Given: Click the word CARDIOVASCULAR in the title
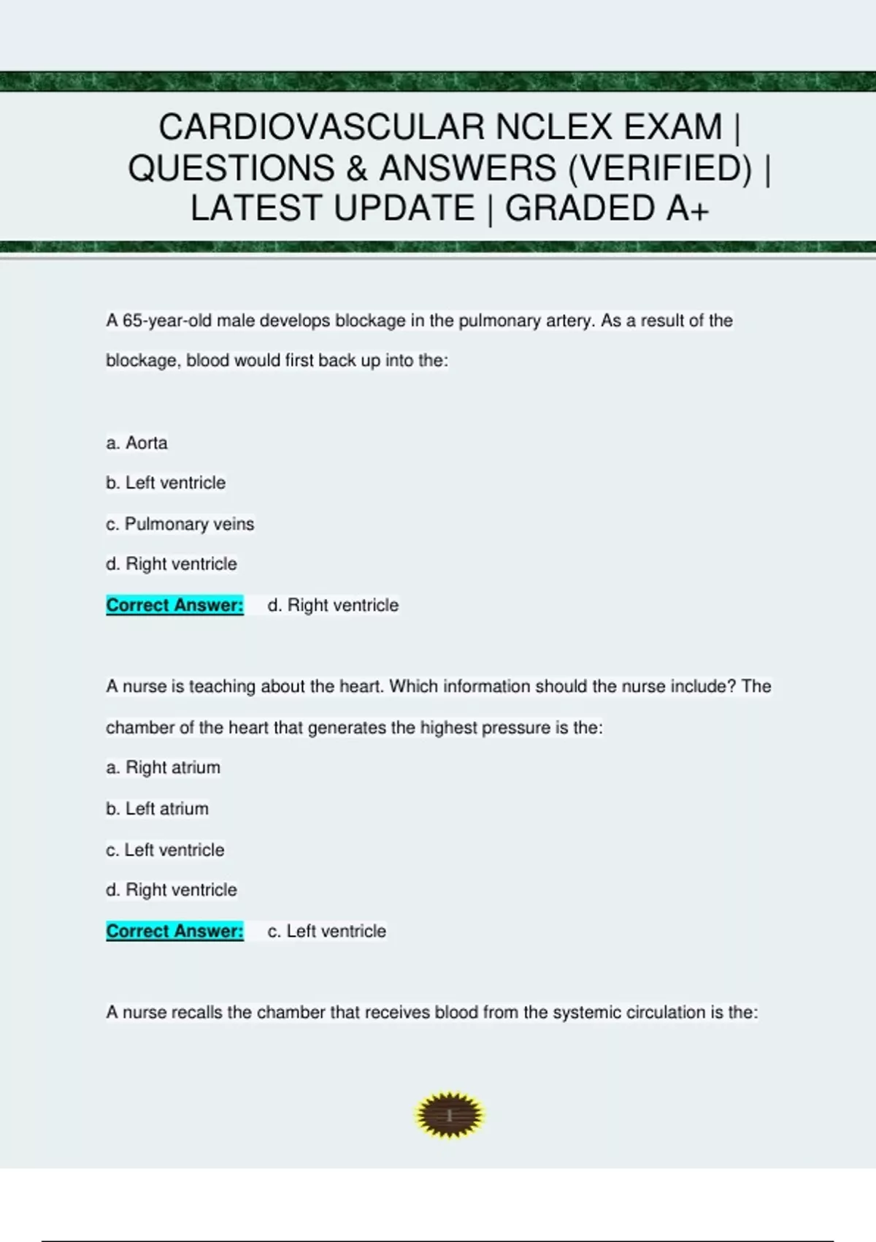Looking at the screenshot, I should (322, 127).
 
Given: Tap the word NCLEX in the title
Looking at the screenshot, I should (554, 127).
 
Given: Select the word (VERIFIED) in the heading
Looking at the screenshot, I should (659, 168).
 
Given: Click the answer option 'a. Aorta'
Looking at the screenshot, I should (137, 443).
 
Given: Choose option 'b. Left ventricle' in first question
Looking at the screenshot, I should (166, 483).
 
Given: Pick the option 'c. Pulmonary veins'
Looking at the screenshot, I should (180, 524).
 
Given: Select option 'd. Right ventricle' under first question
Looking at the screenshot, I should (171, 564).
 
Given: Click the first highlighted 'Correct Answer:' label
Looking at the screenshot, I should (174, 605).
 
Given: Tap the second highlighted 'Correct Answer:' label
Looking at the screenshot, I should (174, 931).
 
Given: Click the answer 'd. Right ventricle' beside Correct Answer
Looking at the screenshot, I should (333, 605).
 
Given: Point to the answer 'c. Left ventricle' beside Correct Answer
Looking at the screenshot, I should (326, 931).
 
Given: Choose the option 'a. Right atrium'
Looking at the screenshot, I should (163, 767).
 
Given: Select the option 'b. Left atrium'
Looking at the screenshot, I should (157, 809).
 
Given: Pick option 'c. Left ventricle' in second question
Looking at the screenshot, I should (165, 850).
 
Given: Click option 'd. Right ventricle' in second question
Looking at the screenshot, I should (171, 890).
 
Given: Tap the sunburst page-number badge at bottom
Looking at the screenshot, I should (449, 1116).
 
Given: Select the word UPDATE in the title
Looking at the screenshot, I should (404, 208).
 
